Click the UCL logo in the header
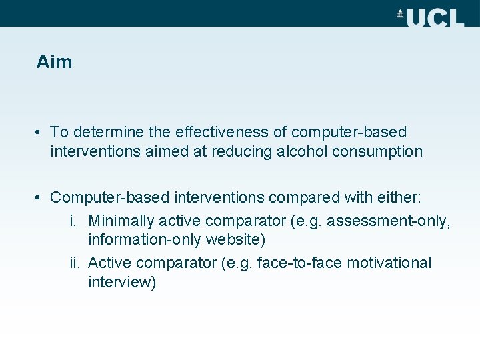tap(430, 17)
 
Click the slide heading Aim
tap(54, 62)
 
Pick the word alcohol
tap(300, 151)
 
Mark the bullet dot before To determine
tap(41, 133)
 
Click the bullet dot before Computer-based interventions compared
tap(41, 197)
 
